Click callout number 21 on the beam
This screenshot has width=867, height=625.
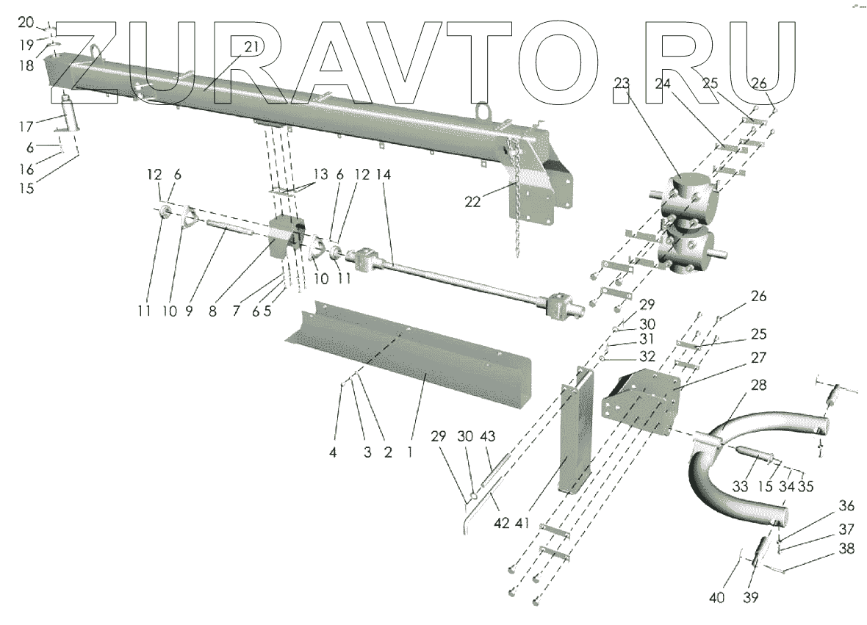pos(252,46)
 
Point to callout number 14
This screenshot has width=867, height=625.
pos(384,175)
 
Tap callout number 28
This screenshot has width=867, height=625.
pos(758,386)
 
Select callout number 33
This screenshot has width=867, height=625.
pos(740,486)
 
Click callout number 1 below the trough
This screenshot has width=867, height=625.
pos(409,452)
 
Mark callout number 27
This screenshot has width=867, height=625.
pos(758,358)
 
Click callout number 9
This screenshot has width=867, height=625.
pos(189,311)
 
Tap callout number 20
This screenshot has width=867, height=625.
pos(26,21)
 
